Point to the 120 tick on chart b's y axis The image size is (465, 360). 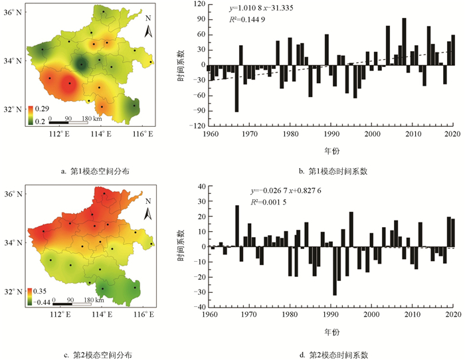[x=200, y=5]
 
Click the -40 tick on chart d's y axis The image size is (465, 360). [x=199, y=308]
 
